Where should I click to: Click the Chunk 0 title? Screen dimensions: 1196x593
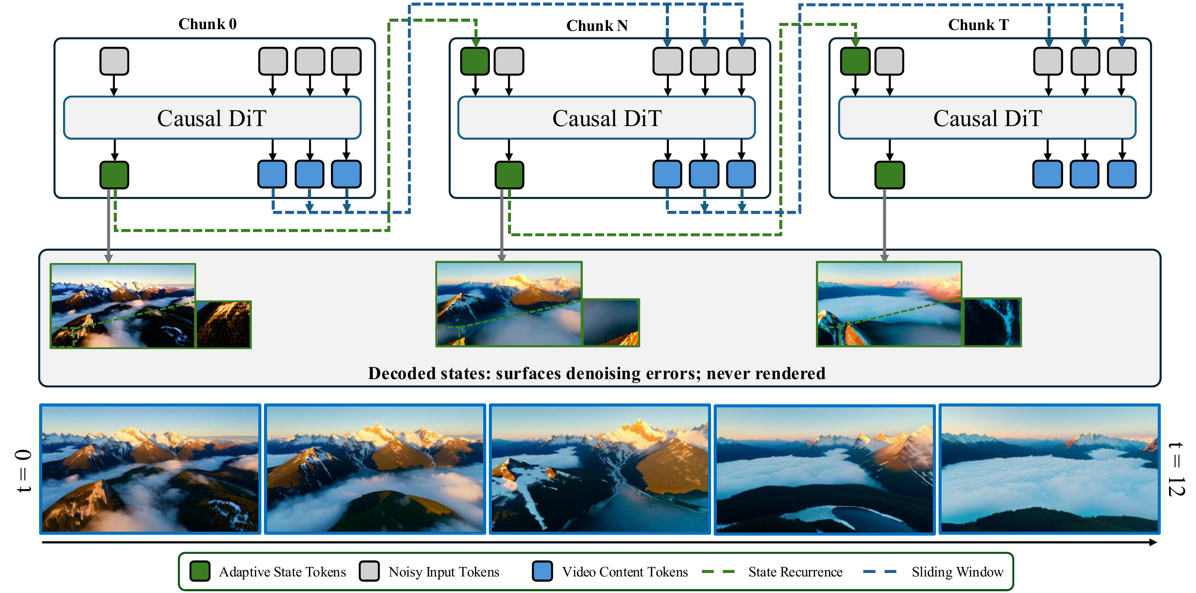pyautogui.click(x=207, y=24)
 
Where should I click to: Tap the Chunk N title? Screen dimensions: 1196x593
pyautogui.click(x=597, y=26)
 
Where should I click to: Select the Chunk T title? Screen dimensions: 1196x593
pyautogui.click(x=978, y=25)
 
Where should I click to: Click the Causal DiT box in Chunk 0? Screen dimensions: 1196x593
pyautogui.click(x=212, y=118)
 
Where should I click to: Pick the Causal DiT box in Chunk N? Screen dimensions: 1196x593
pyautogui.click(x=606, y=118)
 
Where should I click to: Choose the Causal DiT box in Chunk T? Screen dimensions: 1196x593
pyautogui.click(x=987, y=118)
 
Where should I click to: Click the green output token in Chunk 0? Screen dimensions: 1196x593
pyautogui.click(x=114, y=175)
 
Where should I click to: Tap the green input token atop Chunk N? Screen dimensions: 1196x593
pyautogui.click(x=474, y=61)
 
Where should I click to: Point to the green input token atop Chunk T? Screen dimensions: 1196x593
pyautogui.click(x=855, y=61)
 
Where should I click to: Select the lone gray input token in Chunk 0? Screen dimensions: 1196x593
pyautogui.click(x=114, y=61)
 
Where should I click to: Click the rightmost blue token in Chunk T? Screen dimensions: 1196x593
pyautogui.click(x=1122, y=174)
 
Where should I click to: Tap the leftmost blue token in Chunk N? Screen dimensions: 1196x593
pyautogui.click(x=667, y=174)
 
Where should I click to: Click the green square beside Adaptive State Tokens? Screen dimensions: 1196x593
pyautogui.click(x=200, y=571)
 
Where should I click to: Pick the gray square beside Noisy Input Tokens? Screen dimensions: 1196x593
pyautogui.click(x=369, y=571)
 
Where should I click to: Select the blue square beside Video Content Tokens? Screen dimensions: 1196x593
pyautogui.click(x=542, y=571)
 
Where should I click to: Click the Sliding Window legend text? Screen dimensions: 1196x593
pyautogui.click(x=957, y=572)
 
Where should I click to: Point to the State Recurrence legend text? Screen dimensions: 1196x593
pyautogui.click(x=795, y=572)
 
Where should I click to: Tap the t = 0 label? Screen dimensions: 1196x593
pyautogui.click(x=23, y=470)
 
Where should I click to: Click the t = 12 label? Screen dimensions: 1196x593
pyautogui.click(x=1176, y=469)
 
